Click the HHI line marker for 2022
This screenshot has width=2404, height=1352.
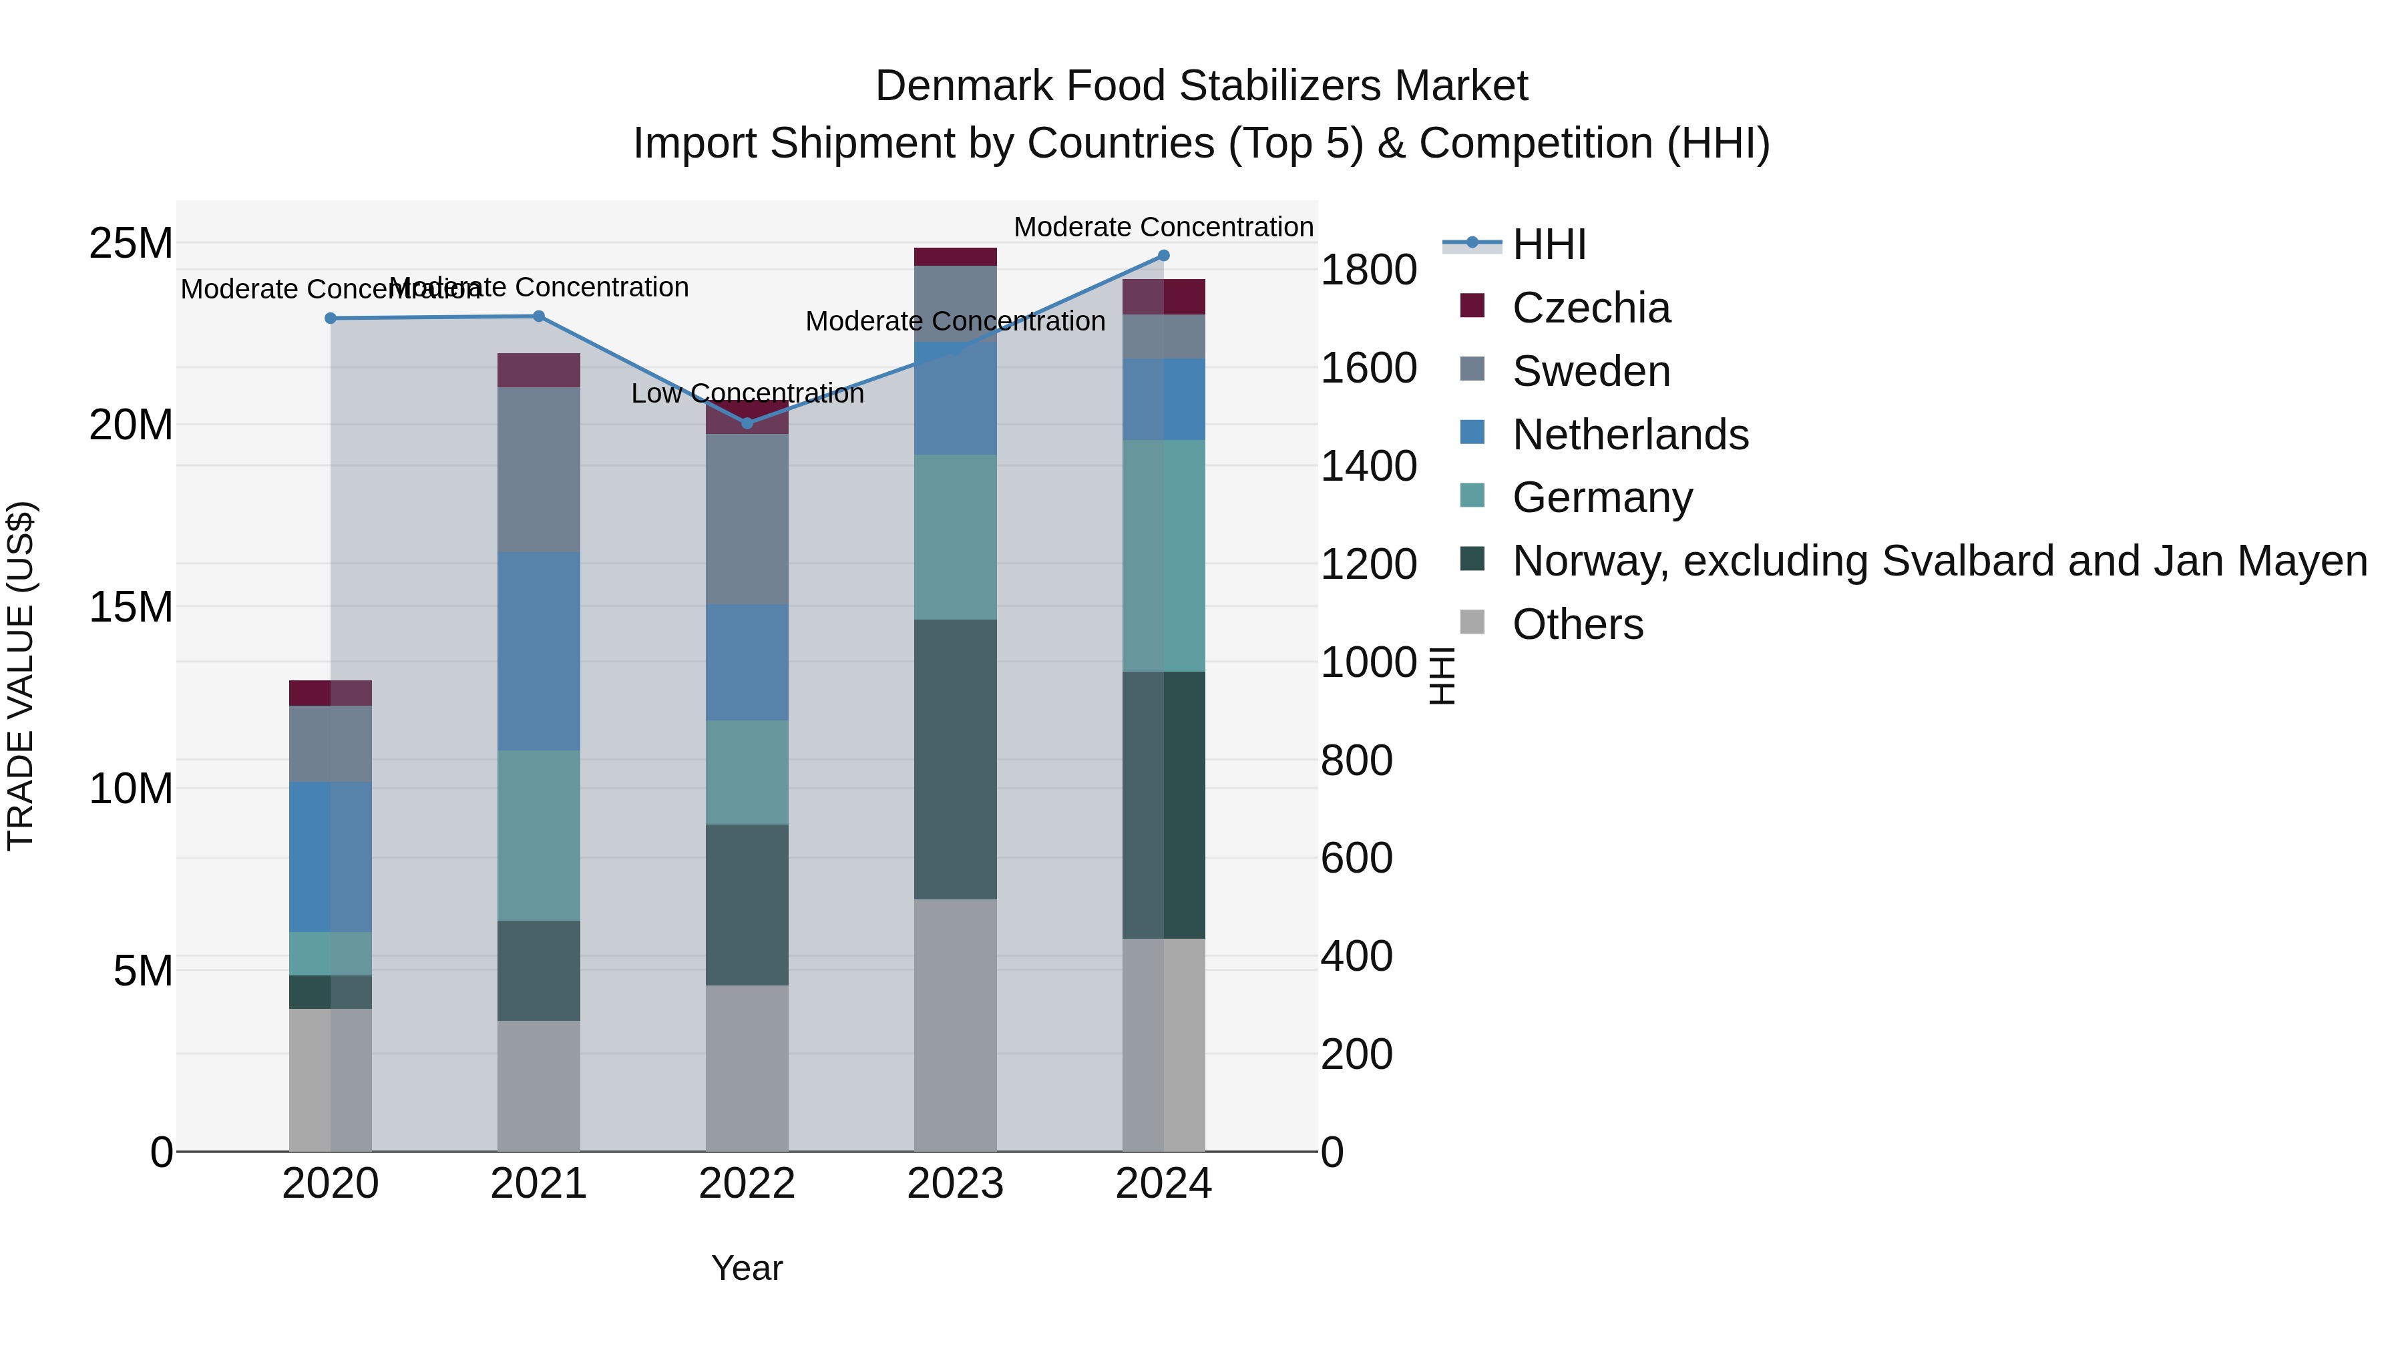[x=747, y=423]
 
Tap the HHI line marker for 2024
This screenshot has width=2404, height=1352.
[x=1164, y=256]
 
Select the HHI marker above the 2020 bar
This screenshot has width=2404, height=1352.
[x=331, y=318]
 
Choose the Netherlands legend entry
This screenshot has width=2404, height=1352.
[x=1629, y=435]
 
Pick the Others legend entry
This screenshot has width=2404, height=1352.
[x=1577, y=624]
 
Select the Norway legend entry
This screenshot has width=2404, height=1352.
[x=1939, y=561]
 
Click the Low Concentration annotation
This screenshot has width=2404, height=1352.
[x=747, y=394]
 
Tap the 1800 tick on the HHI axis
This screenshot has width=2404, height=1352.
[x=1368, y=270]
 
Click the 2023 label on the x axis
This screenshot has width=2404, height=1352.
[x=955, y=1184]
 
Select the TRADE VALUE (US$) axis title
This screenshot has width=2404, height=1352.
[x=21, y=676]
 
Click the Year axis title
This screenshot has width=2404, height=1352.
[x=747, y=1268]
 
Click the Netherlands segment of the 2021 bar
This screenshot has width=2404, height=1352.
[x=538, y=650]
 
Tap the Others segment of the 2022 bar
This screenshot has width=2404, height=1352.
[x=747, y=1068]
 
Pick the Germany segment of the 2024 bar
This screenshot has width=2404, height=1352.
[x=1164, y=555]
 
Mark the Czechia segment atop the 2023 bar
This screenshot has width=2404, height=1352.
[x=955, y=256]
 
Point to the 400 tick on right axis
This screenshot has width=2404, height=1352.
[x=1356, y=956]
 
